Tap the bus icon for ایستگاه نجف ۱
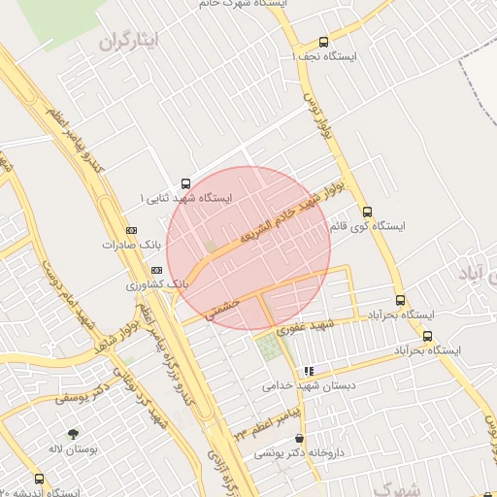[323, 42]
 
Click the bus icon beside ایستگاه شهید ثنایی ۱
[185, 183]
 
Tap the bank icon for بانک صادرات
[130, 230]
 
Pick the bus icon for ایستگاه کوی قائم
[367, 212]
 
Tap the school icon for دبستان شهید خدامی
[308, 371]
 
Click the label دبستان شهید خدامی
[308, 385]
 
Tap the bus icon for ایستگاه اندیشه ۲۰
[39, 479]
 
